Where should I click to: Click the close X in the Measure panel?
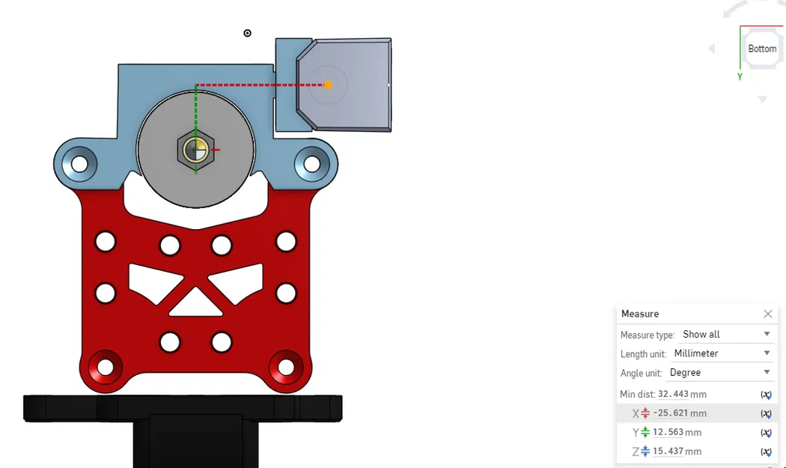(767, 314)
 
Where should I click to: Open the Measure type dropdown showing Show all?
(724, 334)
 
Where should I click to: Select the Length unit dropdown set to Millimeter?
(724, 353)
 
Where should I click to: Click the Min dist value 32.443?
(673, 395)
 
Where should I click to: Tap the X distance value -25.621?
(671, 413)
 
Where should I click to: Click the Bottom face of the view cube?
(762, 49)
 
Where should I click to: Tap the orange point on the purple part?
(329, 85)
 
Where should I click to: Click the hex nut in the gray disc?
(196, 151)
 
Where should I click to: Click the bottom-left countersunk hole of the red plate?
(105, 367)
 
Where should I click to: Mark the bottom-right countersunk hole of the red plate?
(286, 367)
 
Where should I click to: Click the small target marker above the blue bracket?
(248, 33)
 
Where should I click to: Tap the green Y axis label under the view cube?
(740, 76)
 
